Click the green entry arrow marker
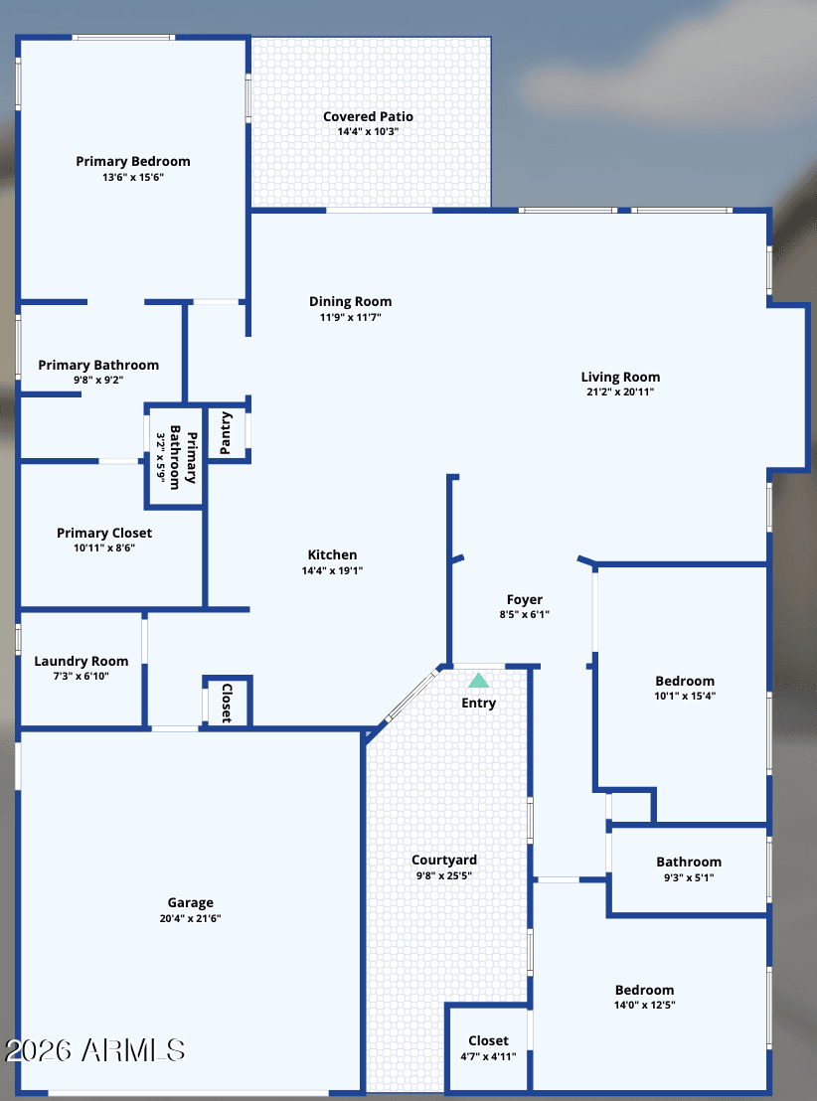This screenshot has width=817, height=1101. point(478,681)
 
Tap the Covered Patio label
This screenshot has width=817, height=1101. point(368,116)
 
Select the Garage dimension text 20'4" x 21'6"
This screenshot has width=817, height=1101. point(191,918)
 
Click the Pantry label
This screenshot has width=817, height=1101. point(227,433)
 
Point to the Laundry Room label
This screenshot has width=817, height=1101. point(82,662)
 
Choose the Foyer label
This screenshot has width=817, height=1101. point(525,599)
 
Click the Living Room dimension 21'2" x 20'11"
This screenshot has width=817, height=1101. point(620,393)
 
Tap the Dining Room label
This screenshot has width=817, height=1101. point(351,302)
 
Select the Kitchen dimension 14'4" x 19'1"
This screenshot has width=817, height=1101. point(332,570)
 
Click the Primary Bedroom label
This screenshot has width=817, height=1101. point(133,162)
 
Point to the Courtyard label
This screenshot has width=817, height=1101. point(444,861)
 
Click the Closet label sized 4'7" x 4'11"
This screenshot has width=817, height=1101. point(488,1040)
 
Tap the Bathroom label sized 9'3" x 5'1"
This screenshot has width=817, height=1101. point(689,863)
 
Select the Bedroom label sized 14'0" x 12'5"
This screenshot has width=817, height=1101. point(645,990)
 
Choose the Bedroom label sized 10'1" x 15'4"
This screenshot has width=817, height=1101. point(685,681)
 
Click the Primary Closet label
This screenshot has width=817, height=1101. point(104,533)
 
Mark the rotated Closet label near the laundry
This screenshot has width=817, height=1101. point(227,703)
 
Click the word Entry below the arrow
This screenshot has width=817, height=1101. point(478,703)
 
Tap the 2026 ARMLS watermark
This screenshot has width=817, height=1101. point(94,1050)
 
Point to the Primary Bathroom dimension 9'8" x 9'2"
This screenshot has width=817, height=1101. point(98,381)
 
